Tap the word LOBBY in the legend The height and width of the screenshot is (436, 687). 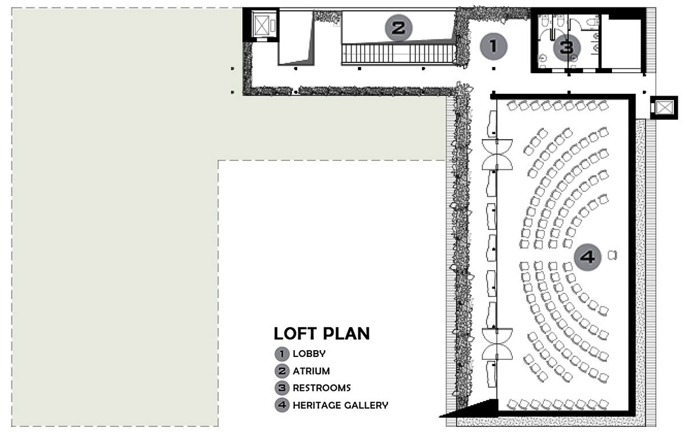309,354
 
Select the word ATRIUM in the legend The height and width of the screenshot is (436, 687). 311,371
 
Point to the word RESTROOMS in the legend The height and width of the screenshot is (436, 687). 322,388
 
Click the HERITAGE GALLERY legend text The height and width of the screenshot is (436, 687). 341,405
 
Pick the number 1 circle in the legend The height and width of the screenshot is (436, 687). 282,354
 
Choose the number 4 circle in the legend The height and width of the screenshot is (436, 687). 282,405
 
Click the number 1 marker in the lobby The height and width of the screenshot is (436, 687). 493,46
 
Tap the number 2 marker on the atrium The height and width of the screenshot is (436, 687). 398,28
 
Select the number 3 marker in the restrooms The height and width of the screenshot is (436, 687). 567,47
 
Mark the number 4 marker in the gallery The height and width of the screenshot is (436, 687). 587,257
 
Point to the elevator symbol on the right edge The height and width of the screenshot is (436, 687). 664,108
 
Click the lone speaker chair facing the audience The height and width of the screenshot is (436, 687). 612,255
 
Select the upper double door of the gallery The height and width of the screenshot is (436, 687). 497,154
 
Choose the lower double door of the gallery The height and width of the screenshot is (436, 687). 497,344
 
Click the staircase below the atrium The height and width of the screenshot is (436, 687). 399,54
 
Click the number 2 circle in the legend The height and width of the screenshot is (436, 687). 282,371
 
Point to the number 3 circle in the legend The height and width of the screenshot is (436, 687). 282,388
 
